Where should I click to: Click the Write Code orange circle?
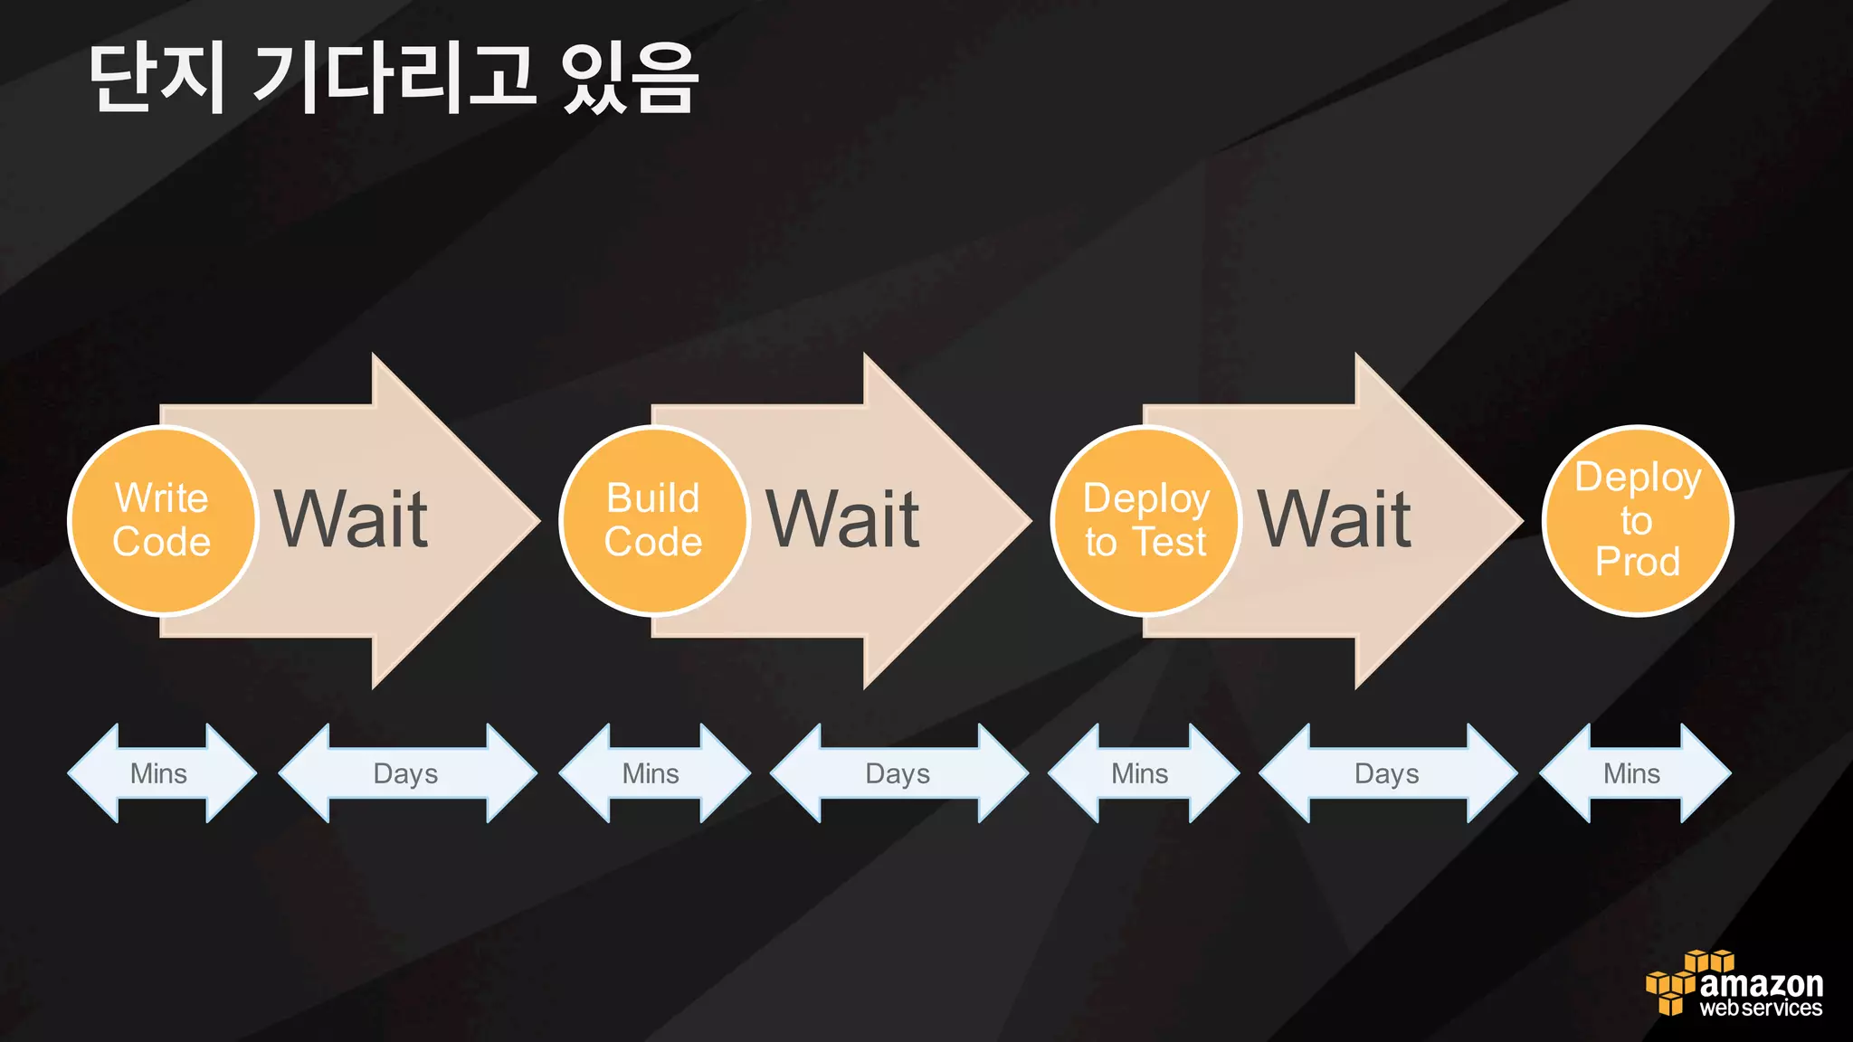163,521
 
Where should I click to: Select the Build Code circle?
654,521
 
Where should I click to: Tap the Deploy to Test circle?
1145,521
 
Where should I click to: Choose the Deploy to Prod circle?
1637,521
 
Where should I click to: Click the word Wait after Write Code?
351,520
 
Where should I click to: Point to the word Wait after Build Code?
842,520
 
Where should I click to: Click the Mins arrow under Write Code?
160,773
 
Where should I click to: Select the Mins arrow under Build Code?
652,773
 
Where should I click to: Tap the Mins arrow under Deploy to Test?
1141,773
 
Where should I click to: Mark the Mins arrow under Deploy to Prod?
1633,773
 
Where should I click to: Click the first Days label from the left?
406,773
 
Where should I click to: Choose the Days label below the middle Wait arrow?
898,773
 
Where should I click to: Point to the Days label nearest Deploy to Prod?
1387,773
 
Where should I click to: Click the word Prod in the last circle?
1637,562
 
